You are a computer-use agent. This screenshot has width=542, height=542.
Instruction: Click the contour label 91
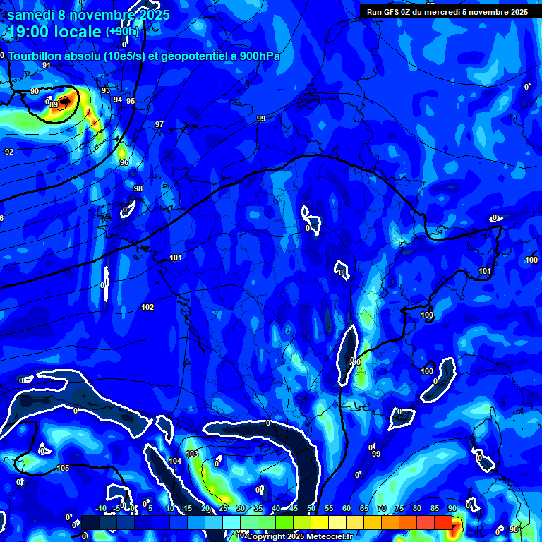[x=46, y=65]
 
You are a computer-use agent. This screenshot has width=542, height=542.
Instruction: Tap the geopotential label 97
[x=159, y=124]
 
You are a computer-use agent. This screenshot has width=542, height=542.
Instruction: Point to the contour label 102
[x=147, y=307]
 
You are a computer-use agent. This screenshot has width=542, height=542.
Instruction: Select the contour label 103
[x=192, y=454]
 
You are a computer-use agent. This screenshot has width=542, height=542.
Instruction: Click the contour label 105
[x=63, y=469]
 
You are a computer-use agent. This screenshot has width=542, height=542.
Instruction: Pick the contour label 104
[x=175, y=461]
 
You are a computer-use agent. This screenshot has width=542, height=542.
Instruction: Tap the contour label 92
[x=9, y=152]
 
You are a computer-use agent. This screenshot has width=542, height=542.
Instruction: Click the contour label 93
[x=106, y=90]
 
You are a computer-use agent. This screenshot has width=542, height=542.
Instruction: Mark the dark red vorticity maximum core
[x=65, y=101]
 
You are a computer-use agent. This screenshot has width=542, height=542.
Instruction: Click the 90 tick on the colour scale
[x=452, y=508]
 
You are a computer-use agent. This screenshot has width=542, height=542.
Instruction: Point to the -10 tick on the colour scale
[x=100, y=508]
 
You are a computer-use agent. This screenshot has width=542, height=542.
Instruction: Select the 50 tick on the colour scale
[x=311, y=508]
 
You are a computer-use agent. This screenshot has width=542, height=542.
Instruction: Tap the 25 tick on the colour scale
[x=223, y=508]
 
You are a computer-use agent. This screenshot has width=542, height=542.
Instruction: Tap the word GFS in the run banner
[x=391, y=12]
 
